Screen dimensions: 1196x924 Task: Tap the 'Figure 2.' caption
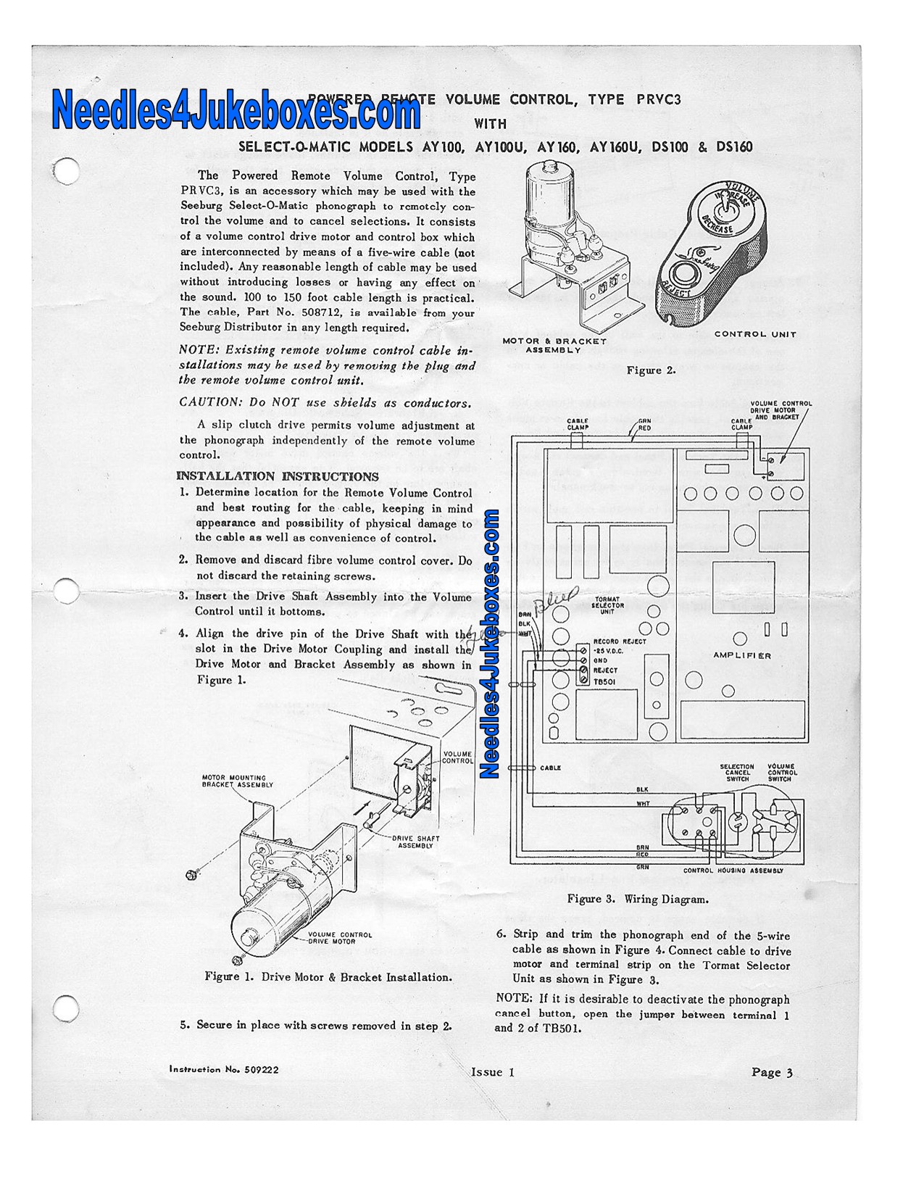(x=651, y=370)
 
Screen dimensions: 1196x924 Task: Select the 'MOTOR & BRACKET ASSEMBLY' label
(x=554, y=346)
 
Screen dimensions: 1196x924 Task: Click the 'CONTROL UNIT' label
(x=755, y=334)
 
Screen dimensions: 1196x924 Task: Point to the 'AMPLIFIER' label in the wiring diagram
(x=742, y=655)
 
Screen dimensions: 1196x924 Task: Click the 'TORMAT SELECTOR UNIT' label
(x=607, y=605)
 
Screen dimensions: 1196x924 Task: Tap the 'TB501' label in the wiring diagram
(x=604, y=682)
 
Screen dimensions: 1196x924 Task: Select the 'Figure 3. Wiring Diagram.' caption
(x=638, y=899)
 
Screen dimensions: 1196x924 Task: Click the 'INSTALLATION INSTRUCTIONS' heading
(x=278, y=476)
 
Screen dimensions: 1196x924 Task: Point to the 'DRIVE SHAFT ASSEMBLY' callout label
(x=415, y=842)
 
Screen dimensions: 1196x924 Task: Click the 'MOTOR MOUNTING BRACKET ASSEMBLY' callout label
(x=237, y=781)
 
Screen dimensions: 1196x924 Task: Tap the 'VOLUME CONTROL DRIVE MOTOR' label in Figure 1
(x=340, y=938)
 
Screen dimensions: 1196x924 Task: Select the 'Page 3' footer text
(x=772, y=1072)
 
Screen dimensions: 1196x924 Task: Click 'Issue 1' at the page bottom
(x=493, y=1072)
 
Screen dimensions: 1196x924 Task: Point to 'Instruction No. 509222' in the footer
(x=223, y=1069)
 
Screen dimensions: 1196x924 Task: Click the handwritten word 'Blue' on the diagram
(x=556, y=597)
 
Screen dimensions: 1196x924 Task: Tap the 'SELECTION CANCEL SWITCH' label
(x=737, y=773)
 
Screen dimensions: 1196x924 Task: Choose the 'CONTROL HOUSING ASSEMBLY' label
(x=733, y=871)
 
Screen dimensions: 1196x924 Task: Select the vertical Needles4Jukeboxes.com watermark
(x=491, y=644)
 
